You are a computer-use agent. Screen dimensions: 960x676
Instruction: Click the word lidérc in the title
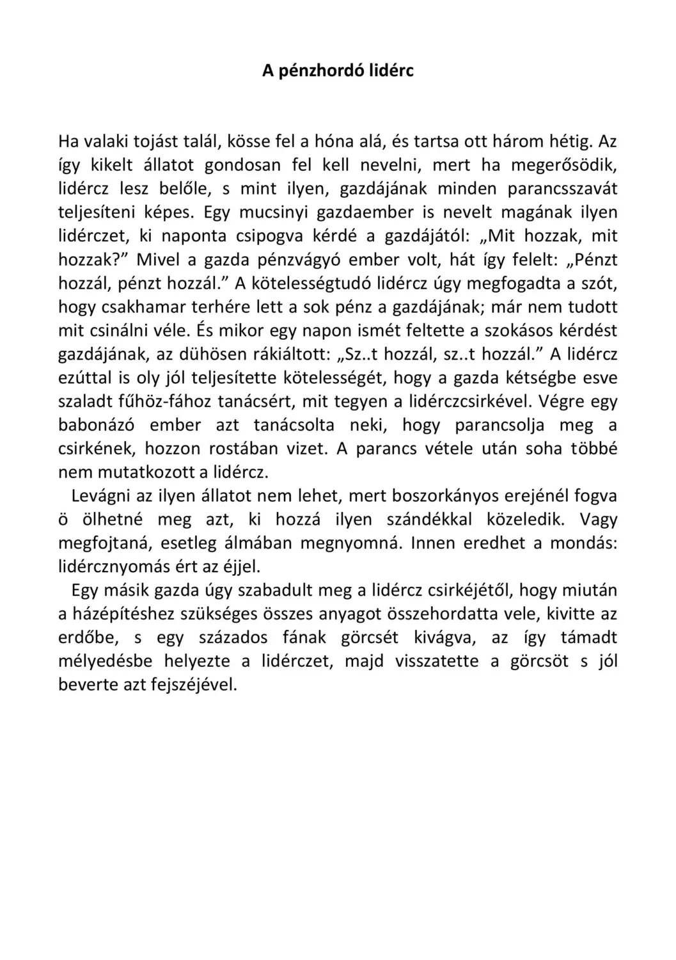click(x=391, y=70)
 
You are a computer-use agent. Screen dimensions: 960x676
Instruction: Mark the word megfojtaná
click(x=102, y=543)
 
